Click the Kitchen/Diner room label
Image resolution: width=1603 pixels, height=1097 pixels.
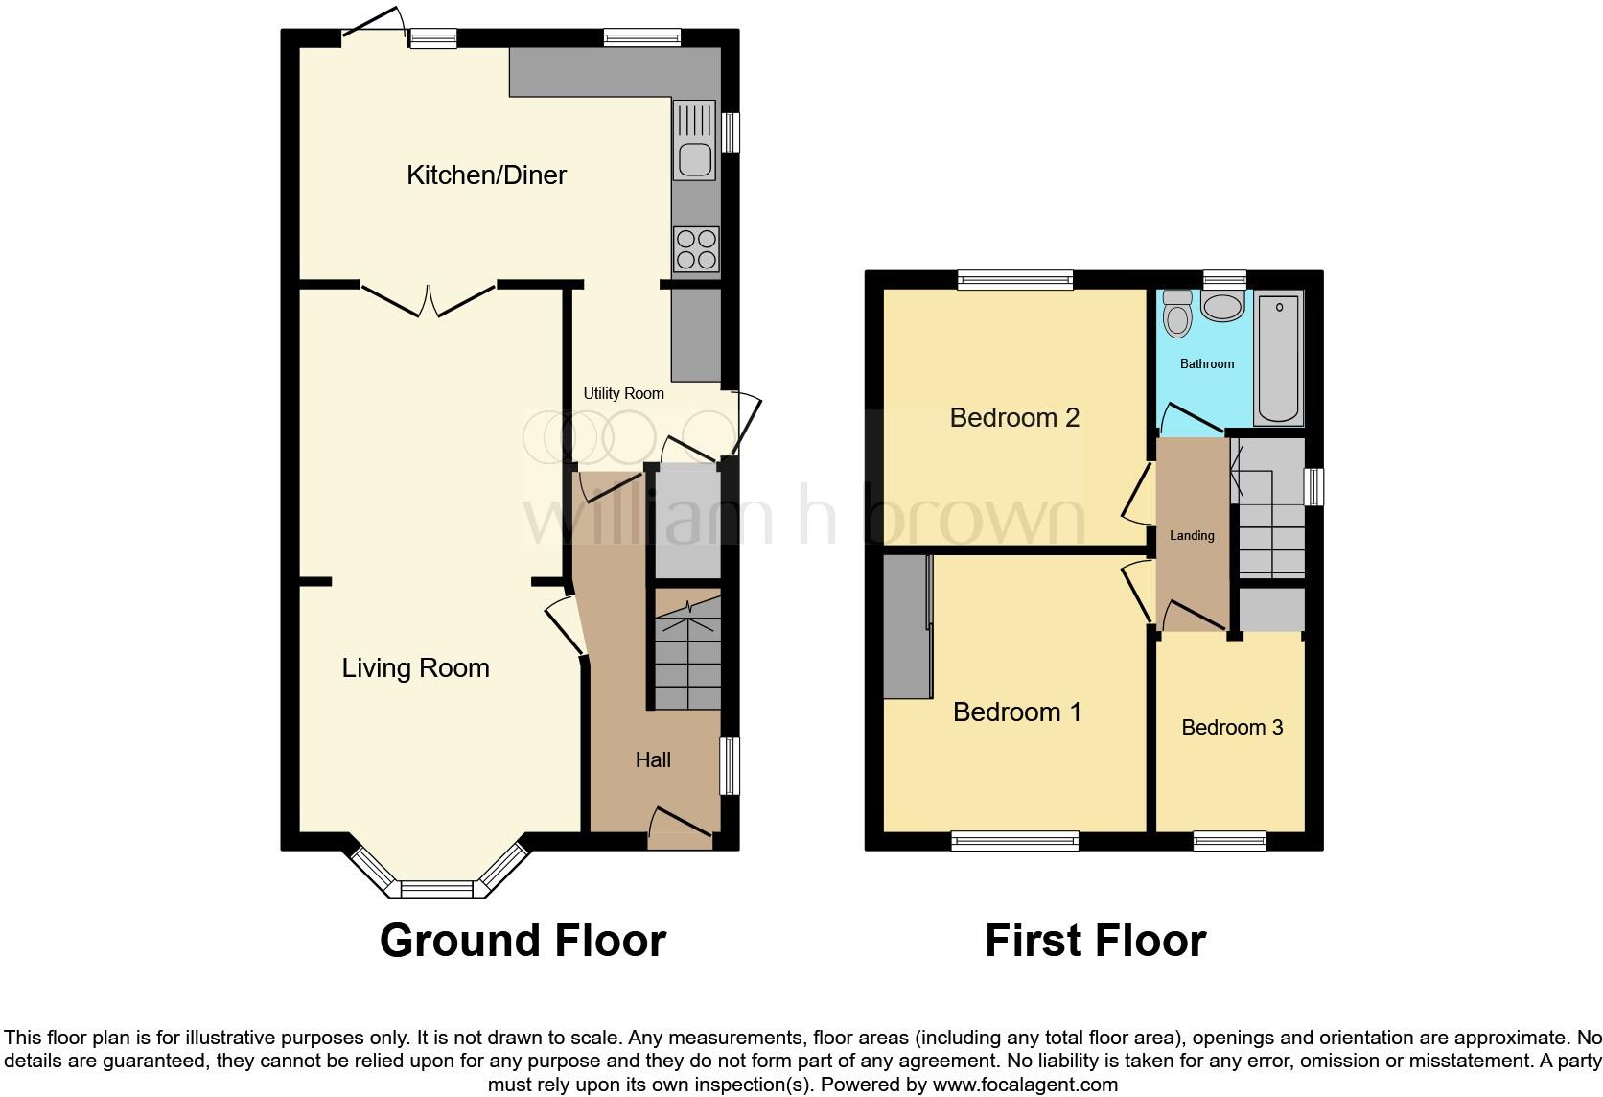[x=486, y=175]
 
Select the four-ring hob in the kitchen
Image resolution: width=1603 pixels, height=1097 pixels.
[x=696, y=247]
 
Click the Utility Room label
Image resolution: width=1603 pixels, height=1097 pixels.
[x=623, y=393]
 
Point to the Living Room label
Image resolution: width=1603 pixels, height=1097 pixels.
[x=415, y=668]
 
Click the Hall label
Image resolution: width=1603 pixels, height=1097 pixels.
[x=653, y=759]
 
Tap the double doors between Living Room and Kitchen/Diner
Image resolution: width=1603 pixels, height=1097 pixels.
[x=429, y=298]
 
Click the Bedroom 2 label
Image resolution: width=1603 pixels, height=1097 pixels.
[x=1014, y=417]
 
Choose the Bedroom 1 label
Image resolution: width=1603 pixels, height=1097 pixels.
[x=1016, y=712]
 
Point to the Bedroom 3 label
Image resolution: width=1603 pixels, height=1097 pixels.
[x=1232, y=727]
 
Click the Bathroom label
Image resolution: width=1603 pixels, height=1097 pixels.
[x=1206, y=363]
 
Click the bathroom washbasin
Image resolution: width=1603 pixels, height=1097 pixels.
[x=1222, y=307]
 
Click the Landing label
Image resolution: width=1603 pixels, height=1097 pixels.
[x=1192, y=535]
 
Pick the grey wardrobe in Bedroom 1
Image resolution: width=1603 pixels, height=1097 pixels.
[x=906, y=627]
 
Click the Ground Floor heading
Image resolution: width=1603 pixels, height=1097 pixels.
[x=523, y=940]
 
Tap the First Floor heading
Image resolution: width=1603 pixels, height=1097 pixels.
[x=1095, y=940]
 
